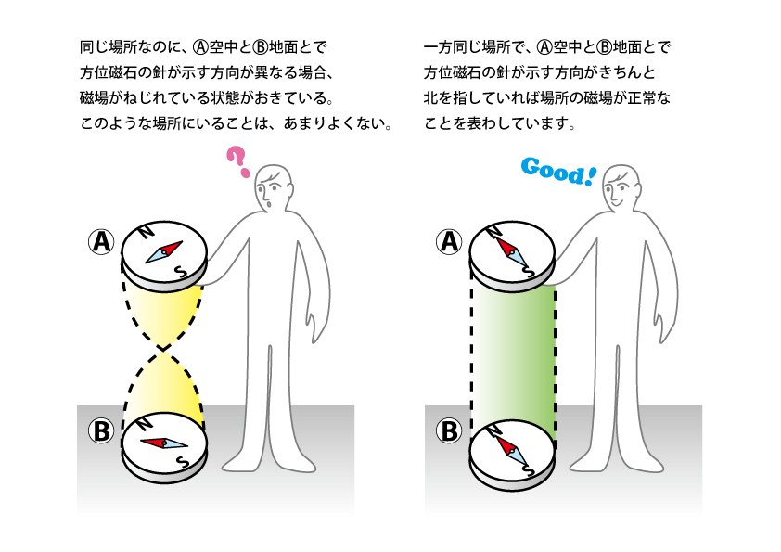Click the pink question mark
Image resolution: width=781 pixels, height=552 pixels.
237,160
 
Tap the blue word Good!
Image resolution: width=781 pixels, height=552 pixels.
557,171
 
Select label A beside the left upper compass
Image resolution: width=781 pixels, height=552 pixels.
101,241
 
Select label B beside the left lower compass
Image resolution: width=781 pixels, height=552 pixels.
101,430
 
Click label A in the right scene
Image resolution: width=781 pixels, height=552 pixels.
449,241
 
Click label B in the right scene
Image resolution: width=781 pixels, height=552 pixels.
449,430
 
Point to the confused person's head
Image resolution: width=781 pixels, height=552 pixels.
274,188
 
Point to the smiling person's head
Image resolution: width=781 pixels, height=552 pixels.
621,188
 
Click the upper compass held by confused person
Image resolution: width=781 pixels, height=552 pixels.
164,253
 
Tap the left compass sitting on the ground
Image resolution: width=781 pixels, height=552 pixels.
164,444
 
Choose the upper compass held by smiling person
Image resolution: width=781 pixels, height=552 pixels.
512,251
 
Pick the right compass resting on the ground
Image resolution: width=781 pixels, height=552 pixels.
512,451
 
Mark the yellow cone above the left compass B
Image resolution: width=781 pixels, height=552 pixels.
163,385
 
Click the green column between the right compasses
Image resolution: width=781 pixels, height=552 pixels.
513,353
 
